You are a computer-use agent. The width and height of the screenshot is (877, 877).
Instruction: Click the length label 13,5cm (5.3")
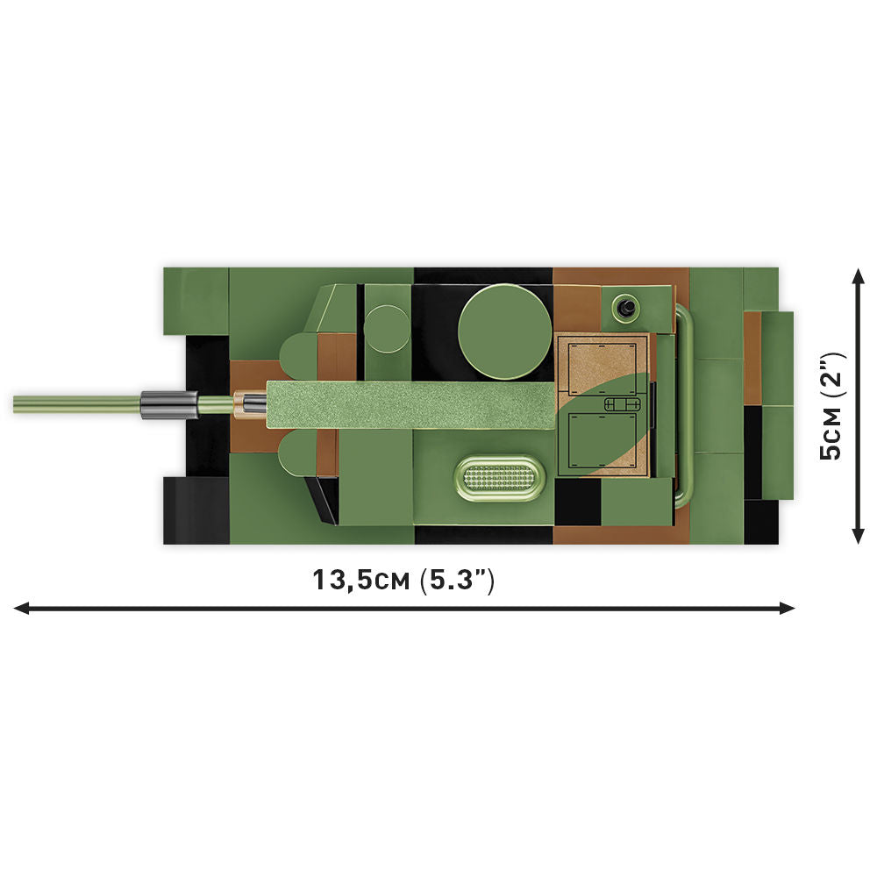pyautogui.click(x=404, y=581)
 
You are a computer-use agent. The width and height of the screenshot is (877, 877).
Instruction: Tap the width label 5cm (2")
pyautogui.click(x=830, y=404)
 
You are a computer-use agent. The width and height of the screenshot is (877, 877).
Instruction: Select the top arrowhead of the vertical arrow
pyautogui.click(x=859, y=276)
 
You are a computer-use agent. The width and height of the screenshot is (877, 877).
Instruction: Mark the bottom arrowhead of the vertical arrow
pyautogui.click(x=859, y=537)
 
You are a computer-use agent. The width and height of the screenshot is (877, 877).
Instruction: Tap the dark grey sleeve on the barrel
pyautogui.click(x=168, y=404)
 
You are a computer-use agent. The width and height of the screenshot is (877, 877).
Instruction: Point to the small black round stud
pyautogui.click(x=625, y=306)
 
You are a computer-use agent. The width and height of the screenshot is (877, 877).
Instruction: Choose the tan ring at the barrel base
pyautogui.click(x=239, y=404)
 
